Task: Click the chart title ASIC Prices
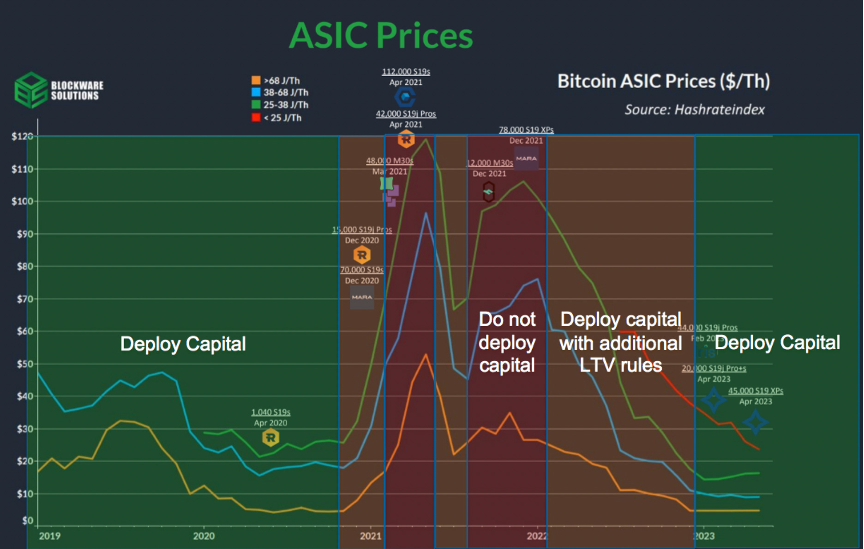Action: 381,36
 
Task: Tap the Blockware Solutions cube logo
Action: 30,90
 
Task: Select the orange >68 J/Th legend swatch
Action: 256,80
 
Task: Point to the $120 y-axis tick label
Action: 22,136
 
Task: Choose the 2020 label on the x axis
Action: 204,536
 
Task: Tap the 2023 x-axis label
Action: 703,536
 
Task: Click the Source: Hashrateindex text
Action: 694,109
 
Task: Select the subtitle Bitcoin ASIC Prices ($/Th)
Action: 663,81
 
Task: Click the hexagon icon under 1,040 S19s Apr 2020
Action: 270,437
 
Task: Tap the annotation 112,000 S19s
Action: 406,72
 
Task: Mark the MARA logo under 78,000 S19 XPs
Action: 526,158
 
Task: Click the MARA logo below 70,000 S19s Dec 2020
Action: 362,297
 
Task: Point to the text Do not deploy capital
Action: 507,342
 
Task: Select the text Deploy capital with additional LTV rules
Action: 620,342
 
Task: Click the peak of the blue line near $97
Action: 426,213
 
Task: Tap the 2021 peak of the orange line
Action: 426,355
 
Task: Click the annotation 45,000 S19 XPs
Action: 756,391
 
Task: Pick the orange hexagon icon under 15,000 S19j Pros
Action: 362,255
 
